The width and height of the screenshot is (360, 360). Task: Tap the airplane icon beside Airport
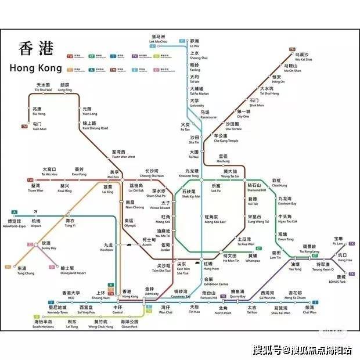(37, 211)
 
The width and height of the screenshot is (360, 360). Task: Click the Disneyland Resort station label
(73, 271)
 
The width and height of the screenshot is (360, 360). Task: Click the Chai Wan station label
(309, 309)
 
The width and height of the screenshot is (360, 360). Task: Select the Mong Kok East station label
(215, 219)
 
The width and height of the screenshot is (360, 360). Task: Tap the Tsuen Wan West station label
(123, 154)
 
